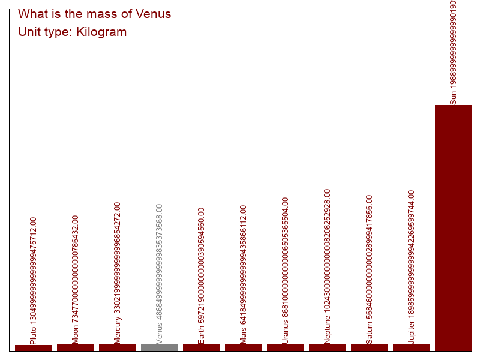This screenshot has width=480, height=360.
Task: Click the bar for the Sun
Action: (x=453, y=228)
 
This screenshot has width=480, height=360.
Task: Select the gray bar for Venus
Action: (x=159, y=347)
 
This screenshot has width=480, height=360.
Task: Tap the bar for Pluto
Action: (x=33, y=348)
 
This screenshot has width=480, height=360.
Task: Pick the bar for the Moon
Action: (x=75, y=347)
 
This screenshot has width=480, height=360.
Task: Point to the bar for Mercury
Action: (x=117, y=347)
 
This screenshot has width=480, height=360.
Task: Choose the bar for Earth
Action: (x=201, y=347)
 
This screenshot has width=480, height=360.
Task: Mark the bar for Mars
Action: (x=243, y=347)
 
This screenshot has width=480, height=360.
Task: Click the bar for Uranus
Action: (x=285, y=347)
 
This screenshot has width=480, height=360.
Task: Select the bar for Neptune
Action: (x=327, y=347)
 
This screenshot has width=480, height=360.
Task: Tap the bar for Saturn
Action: (x=369, y=347)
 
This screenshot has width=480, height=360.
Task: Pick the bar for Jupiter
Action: (x=411, y=347)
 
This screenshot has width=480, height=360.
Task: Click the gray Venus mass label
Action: (x=159, y=274)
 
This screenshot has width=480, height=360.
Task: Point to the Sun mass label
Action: (x=453, y=52)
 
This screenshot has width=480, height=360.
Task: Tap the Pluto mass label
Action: (x=33, y=280)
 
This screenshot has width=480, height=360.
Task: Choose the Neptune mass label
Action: (x=327, y=266)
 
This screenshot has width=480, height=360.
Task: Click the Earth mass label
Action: (x=201, y=275)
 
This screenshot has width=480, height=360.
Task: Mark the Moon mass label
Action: (x=75, y=279)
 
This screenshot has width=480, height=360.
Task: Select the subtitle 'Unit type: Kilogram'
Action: (x=72, y=32)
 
